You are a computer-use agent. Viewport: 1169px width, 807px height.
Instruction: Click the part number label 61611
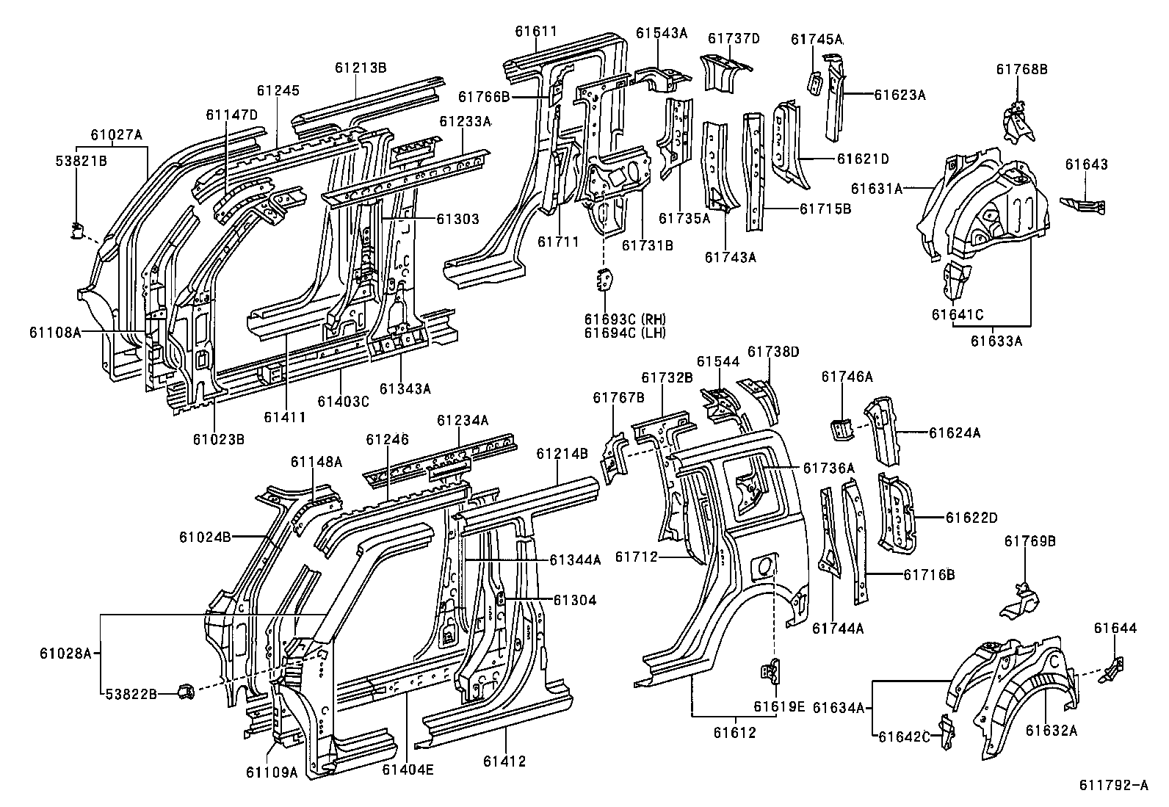[535, 31]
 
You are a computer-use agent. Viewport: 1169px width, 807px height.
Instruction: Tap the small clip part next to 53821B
[76, 231]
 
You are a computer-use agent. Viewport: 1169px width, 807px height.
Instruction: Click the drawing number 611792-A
[1112, 786]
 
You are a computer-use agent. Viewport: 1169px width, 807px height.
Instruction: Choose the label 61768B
[1021, 69]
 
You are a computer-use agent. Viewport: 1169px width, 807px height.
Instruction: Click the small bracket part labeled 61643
[1084, 205]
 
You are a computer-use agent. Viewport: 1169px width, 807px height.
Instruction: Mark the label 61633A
[996, 340]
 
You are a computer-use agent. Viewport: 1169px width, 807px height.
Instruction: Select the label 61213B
[361, 67]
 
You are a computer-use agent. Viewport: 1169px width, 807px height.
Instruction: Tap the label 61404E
[408, 769]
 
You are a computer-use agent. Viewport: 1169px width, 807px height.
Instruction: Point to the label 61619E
[778, 706]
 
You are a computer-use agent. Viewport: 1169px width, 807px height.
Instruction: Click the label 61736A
[828, 468]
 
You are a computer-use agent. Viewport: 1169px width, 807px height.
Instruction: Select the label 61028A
[65, 651]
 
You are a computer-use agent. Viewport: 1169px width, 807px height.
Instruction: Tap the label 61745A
[817, 39]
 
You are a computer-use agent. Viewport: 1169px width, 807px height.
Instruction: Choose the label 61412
[504, 761]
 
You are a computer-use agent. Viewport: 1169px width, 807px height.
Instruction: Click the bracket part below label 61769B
[1019, 598]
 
